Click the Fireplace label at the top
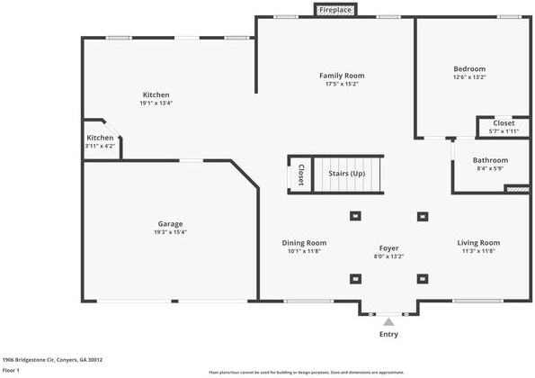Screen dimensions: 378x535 pos(334,10)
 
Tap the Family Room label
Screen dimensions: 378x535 pos(342,76)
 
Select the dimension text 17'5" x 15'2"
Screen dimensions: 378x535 pos(342,85)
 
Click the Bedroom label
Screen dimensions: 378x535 pos(468,68)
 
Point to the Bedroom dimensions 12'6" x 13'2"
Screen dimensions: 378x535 pos(468,77)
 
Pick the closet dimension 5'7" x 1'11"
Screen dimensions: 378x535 pos(504,131)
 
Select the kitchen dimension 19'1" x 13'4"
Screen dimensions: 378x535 pos(156,103)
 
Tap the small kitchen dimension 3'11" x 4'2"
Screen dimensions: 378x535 pos(100,146)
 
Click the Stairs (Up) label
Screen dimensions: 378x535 pos(346,173)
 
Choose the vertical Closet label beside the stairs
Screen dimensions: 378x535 pos(300,175)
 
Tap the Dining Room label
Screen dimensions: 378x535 pos(304,243)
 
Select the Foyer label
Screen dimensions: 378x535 pos(388,247)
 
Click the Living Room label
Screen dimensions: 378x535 pos(478,243)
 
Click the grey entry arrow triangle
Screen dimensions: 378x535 pos(388,320)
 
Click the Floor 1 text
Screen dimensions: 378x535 pos(12,370)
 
